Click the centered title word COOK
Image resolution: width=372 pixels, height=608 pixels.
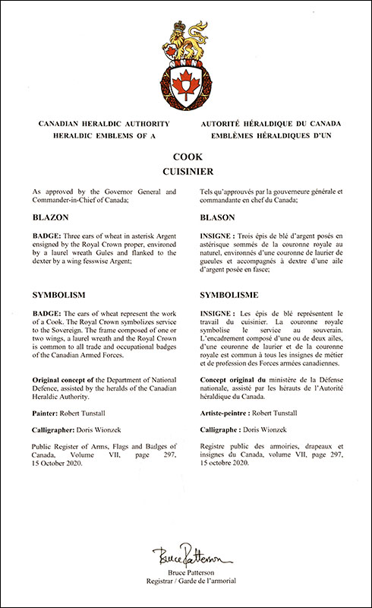tap(186, 157)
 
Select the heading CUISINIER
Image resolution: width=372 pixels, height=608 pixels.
tap(186, 172)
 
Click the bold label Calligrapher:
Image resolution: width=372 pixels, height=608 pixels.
tap(58, 427)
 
